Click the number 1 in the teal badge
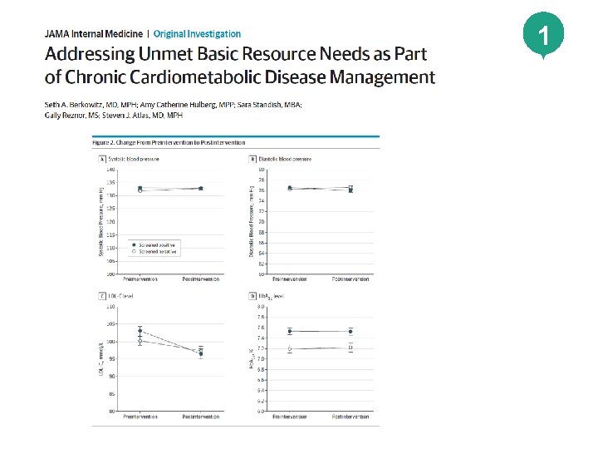pos(542,37)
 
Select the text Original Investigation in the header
pos(197,34)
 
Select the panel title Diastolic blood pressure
pos(286,158)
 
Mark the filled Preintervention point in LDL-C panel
pos(140,331)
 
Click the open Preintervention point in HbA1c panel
pos(290,349)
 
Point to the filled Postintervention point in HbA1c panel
pos(350,332)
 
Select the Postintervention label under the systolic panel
pos(201,279)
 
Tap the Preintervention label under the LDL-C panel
pos(140,417)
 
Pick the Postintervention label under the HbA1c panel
pos(350,417)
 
